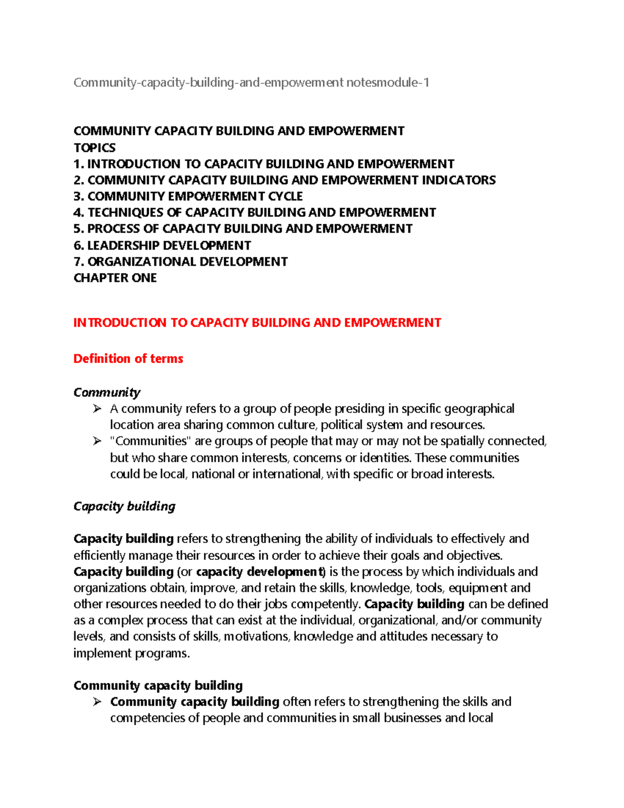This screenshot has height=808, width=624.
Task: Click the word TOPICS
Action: tap(95, 148)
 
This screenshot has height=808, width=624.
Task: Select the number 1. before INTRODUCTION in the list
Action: tap(79, 164)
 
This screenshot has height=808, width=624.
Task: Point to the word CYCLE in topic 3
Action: tap(285, 196)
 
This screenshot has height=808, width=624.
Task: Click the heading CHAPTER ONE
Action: tap(115, 278)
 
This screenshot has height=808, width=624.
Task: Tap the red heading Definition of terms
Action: tap(128, 358)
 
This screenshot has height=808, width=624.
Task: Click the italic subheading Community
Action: tap(107, 392)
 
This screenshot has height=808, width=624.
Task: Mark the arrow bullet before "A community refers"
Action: tap(97, 409)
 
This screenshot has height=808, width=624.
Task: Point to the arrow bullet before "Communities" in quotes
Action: tap(97, 441)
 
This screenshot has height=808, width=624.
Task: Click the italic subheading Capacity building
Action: tap(124, 506)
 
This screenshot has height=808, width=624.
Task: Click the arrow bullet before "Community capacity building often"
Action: tap(97, 702)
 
